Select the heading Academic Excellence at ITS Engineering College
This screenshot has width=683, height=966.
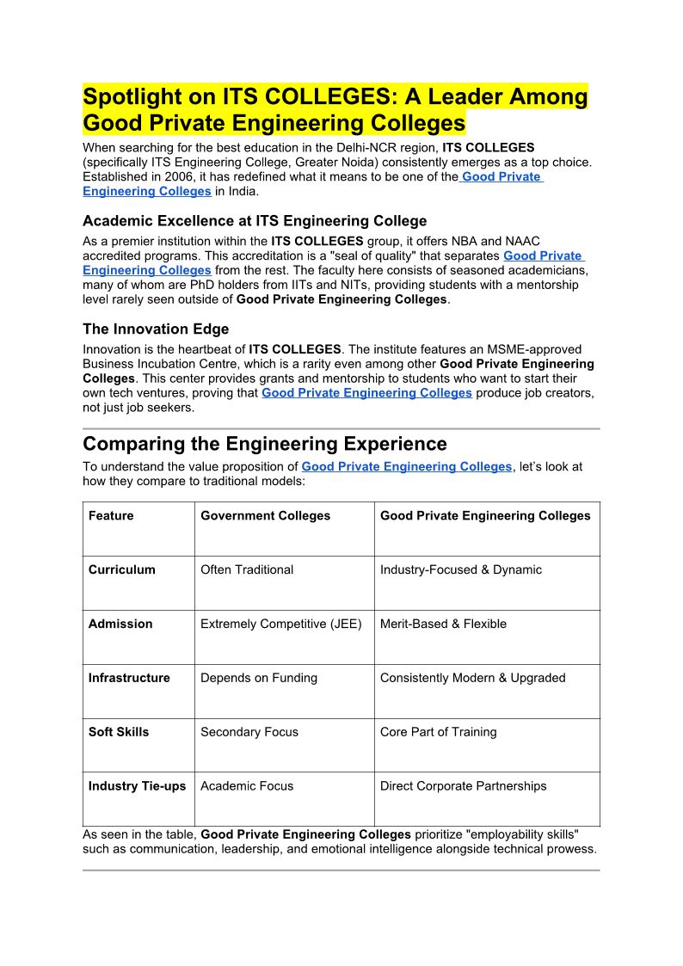coord(255,221)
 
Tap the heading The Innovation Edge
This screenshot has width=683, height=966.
coord(156,329)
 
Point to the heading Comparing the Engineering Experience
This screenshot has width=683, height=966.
coord(265,444)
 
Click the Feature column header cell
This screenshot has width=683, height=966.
coord(111,516)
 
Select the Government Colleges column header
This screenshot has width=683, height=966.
coord(265,516)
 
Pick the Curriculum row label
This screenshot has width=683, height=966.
coord(122,569)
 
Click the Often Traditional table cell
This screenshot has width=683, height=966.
coord(247,569)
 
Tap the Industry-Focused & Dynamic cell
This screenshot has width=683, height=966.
coord(461,569)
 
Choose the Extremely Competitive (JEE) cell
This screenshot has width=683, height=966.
coord(281,624)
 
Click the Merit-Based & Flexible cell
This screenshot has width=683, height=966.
coord(443,624)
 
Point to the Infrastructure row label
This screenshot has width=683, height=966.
coord(129,678)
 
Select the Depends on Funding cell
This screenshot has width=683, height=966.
coord(259,678)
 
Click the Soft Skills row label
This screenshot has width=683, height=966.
coord(119,732)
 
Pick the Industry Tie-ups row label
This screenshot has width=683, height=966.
coord(137,785)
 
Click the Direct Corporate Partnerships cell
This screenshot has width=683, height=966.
coord(463,785)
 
